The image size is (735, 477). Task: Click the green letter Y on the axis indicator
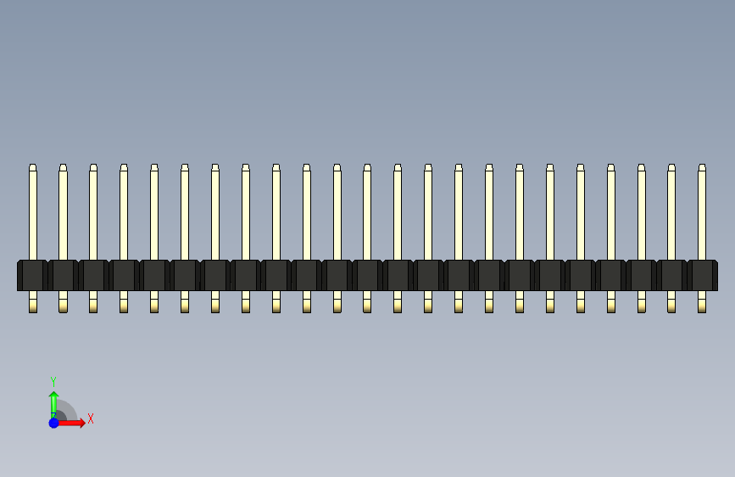click(53, 381)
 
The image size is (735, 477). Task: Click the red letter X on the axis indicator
click(91, 418)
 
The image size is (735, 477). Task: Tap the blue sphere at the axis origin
click(54, 423)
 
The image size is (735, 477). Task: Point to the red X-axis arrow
click(71, 423)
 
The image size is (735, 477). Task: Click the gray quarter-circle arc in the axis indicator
click(70, 407)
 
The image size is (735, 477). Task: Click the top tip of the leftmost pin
click(33, 165)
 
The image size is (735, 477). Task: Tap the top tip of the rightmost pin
click(702, 165)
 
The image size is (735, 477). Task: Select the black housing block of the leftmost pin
click(32, 275)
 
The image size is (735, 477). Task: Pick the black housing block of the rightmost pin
click(702, 275)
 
